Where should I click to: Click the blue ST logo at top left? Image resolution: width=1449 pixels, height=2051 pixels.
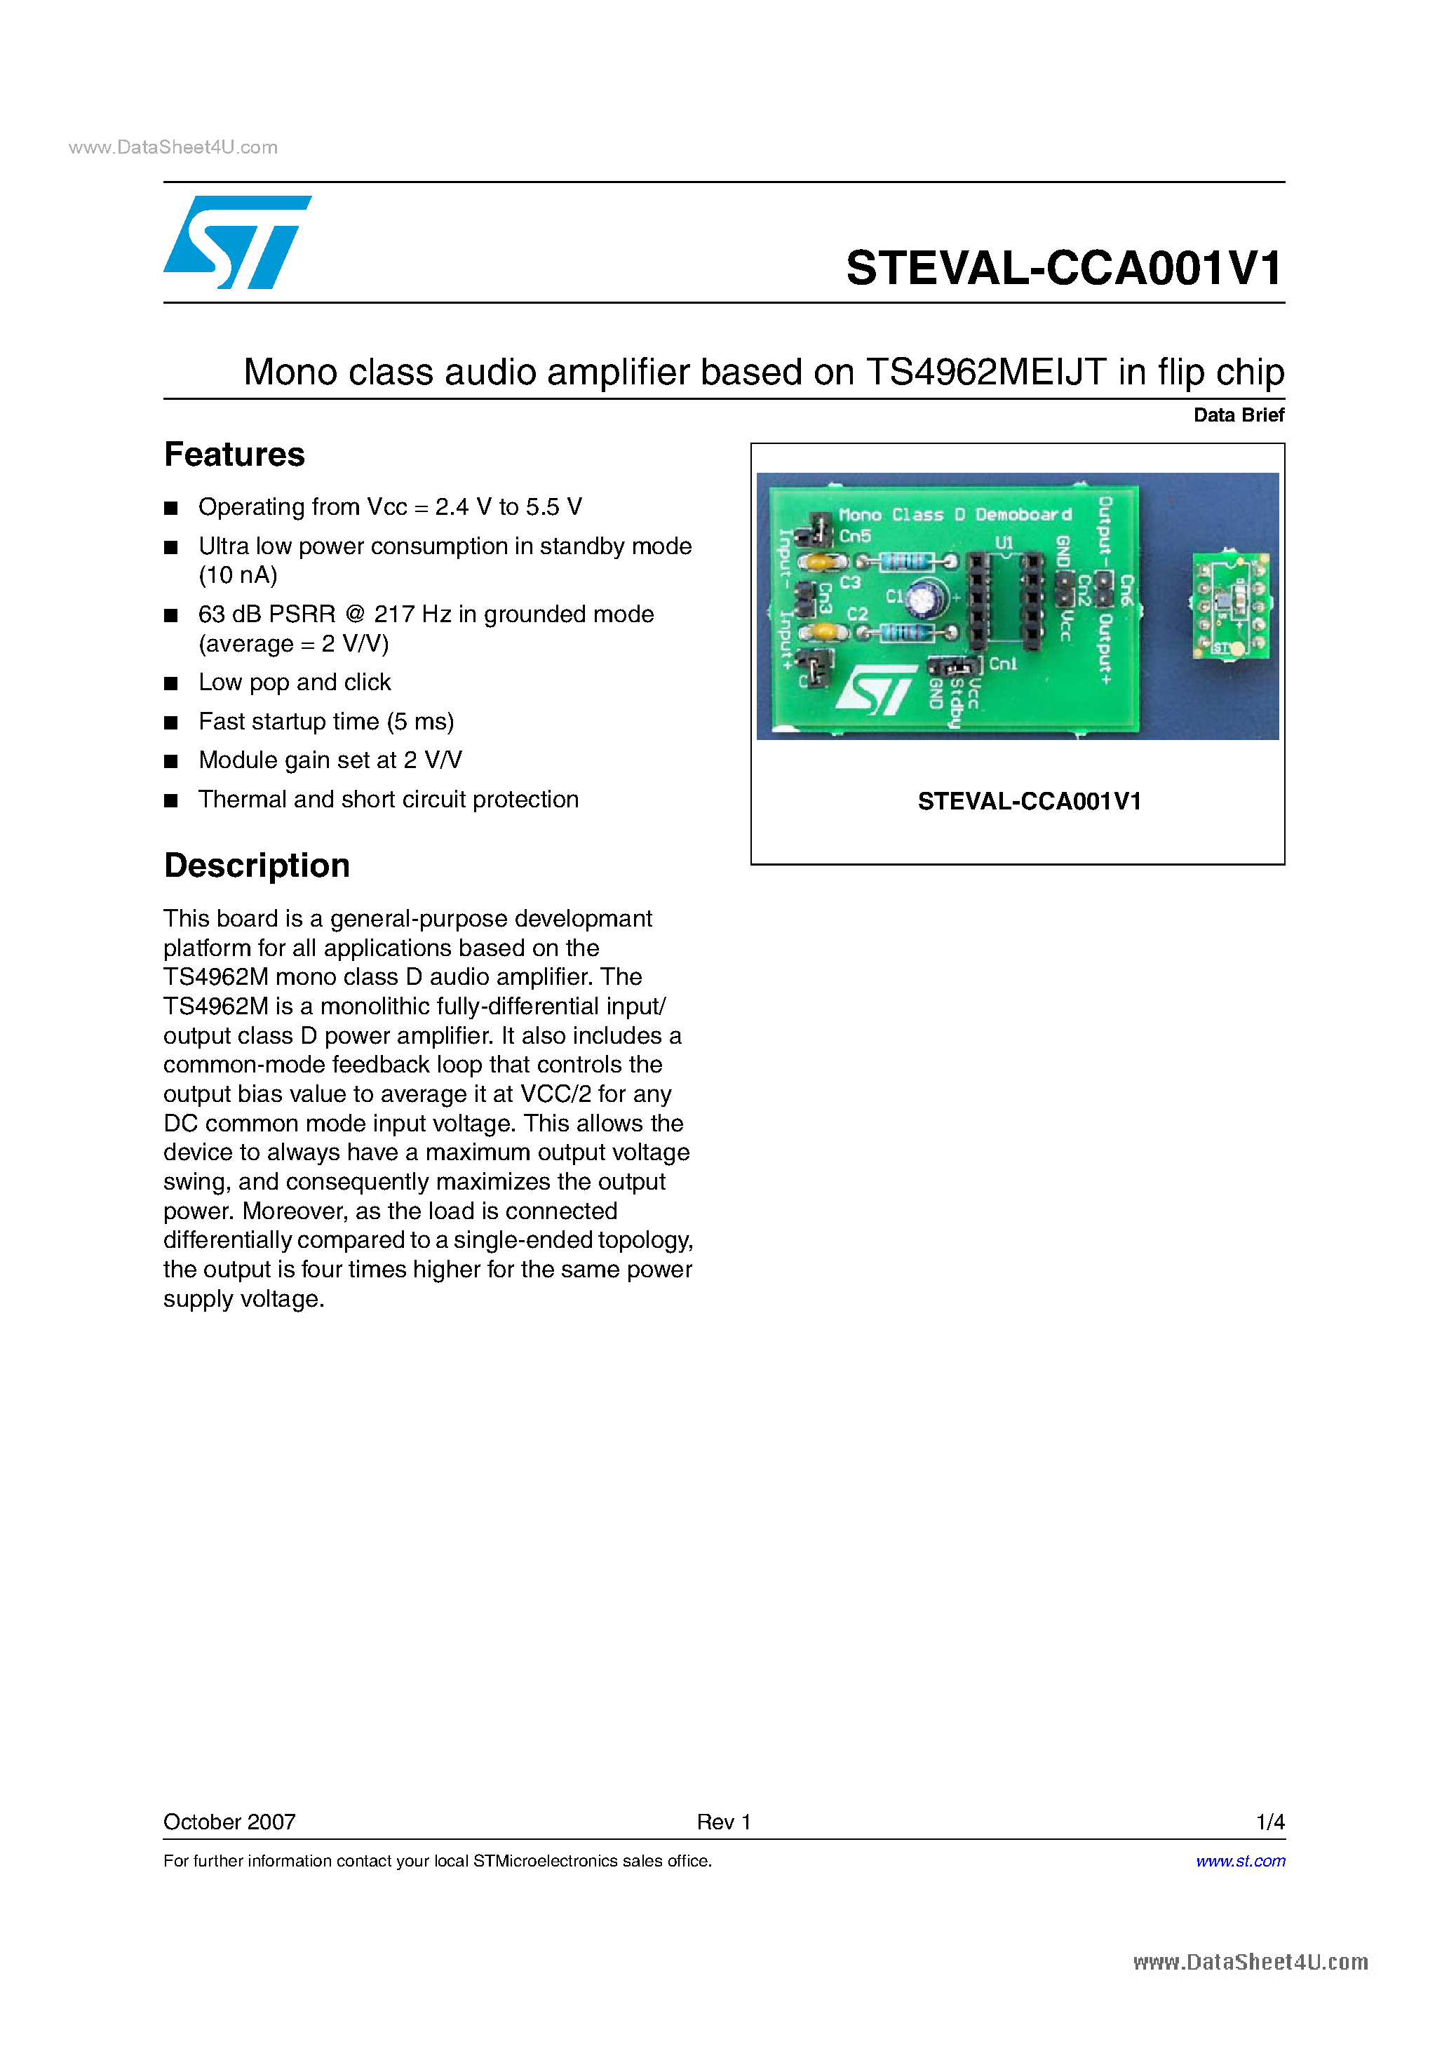click(237, 242)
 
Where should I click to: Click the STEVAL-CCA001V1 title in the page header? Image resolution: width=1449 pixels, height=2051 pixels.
click(1064, 268)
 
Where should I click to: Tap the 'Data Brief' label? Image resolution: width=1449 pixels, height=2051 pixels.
click(1238, 415)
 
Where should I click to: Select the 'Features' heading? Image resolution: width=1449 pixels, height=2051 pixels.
click(234, 455)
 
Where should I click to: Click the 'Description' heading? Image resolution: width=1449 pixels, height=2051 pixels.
click(257, 866)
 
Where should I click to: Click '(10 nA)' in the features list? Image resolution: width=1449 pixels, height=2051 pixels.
click(238, 575)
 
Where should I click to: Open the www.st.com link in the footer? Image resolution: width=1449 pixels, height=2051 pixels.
click(1240, 1861)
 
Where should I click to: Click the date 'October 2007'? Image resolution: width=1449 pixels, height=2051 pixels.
click(229, 1822)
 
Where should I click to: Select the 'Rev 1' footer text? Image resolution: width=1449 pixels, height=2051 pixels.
click(724, 1822)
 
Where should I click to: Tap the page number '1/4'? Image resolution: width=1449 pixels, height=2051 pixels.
click(1269, 1822)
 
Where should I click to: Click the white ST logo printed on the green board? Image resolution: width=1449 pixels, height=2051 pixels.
click(875, 690)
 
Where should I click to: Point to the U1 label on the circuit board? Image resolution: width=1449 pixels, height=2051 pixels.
click(1004, 542)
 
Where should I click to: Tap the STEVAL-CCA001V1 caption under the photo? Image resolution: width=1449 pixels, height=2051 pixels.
click(1029, 801)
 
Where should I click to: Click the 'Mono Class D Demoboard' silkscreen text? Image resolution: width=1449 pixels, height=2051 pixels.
click(954, 515)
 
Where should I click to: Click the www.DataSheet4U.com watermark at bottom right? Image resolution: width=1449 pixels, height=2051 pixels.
click(1250, 1962)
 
